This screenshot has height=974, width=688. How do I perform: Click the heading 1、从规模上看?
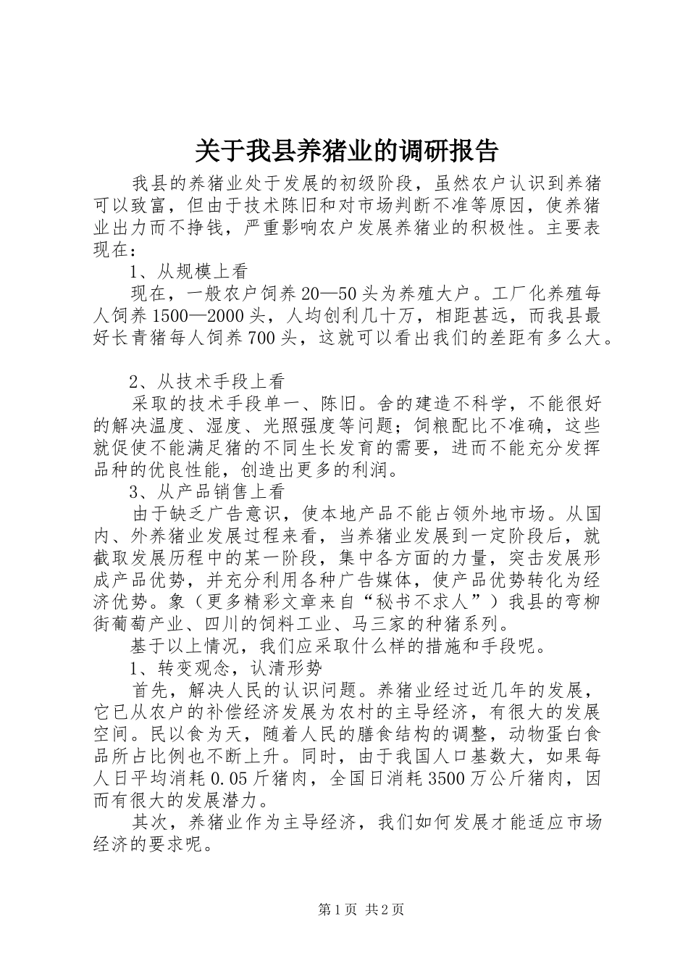(x=189, y=272)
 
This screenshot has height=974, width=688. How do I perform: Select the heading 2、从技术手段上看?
(x=207, y=381)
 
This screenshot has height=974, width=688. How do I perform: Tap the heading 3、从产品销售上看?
(x=207, y=491)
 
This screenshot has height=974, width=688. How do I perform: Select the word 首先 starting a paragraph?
(x=149, y=689)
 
